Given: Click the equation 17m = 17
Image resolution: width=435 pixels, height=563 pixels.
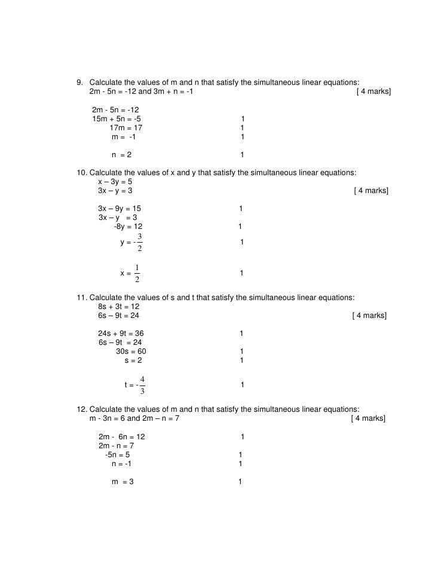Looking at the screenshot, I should pyautogui.click(x=126, y=128).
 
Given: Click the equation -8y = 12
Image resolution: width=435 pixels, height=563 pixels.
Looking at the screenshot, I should pyautogui.click(x=128, y=227).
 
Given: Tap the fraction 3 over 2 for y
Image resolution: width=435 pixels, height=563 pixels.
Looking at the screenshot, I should pyautogui.click(x=140, y=242).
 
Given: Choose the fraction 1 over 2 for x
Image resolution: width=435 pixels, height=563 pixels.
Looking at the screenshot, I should pyautogui.click(x=137, y=273).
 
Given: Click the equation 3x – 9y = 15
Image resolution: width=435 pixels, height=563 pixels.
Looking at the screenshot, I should pyautogui.click(x=120, y=209).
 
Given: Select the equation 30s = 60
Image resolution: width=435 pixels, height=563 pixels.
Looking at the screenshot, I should pyautogui.click(x=131, y=351).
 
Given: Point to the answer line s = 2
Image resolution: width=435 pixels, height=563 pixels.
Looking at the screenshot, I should pyautogui.click(x=133, y=360).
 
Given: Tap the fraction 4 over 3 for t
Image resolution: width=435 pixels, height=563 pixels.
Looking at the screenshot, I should pyautogui.click(x=142, y=385).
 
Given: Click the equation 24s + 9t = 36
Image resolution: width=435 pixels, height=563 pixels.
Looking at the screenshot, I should pyautogui.click(x=121, y=333).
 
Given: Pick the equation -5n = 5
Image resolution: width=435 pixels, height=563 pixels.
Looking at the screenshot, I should pyautogui.click(x=117, y=455).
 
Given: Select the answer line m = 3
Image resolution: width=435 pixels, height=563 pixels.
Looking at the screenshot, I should pyautogui.click(x=122, y=482).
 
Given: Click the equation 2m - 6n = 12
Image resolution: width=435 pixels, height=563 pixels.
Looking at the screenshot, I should pyautogui.click(x=121, y=437).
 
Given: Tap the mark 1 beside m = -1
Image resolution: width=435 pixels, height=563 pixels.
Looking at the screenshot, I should pyautogui.click(x=242, y=137).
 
